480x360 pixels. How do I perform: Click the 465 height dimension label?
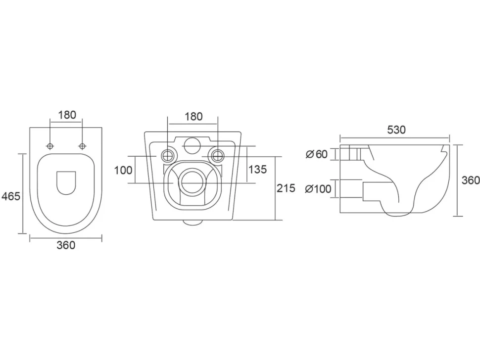point(11,196)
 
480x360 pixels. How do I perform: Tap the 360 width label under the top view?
point(66,245)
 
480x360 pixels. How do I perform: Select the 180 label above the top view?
point(67,115)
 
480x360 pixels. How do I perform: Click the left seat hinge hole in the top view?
point(50,146)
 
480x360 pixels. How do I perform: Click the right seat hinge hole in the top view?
point(82,146)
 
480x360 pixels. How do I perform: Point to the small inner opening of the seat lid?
point(66,183)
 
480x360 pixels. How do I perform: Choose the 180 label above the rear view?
point(193,117)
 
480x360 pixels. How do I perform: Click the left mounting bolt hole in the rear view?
point(168,156)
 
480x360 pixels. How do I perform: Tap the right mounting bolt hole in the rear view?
point(217,156)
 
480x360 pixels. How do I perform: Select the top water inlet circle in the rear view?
point(192,145)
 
